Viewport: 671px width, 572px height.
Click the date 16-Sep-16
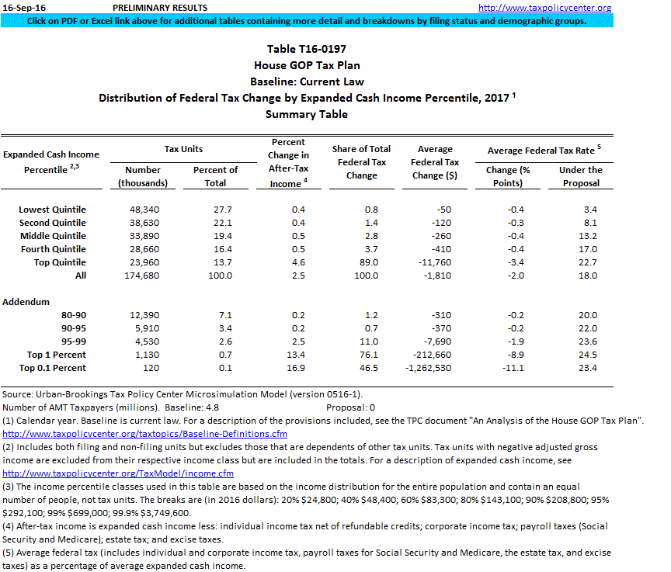pos(22,8)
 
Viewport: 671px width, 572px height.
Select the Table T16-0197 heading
pos(307,49)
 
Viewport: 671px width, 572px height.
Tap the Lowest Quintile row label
pos(53,210)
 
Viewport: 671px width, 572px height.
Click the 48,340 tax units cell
pos(143,210)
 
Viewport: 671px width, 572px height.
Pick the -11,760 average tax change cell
pos(435,262)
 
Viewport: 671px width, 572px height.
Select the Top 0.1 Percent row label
pos(53,368)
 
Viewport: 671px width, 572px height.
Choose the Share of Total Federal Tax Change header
pos(362,162)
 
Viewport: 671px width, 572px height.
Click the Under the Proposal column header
pos(580,176)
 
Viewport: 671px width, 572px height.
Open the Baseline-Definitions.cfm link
pos(145,434)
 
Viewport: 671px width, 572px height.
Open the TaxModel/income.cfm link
pos(118,473)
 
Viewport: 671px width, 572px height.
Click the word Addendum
pos(26,302)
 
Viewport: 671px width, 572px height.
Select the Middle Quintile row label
pos(53,236)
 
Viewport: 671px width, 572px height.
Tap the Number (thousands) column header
pos(143,176)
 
